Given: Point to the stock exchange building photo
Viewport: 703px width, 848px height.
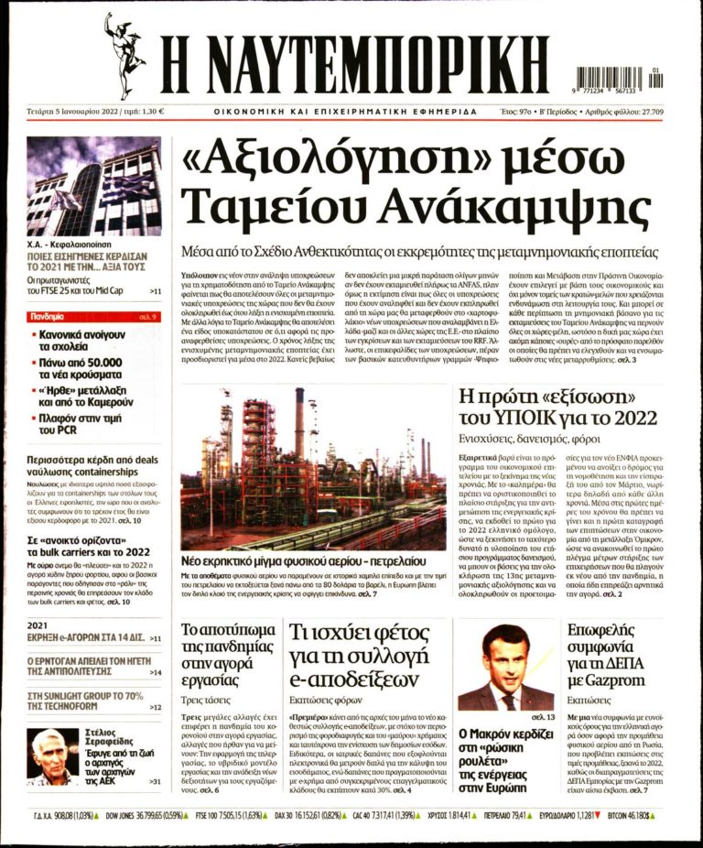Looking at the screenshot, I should pos(93,186).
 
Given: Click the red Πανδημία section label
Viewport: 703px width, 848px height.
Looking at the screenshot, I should pos(50,317).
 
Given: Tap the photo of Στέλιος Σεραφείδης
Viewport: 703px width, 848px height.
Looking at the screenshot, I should pos(52,756).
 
